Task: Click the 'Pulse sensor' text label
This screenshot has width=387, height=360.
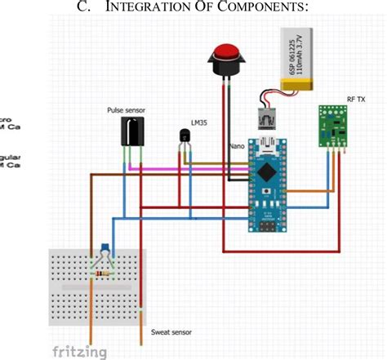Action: [x=127, y=109]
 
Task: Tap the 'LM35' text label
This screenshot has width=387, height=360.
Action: [x=199, y=123]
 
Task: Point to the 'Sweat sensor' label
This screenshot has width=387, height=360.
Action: [x=171, y=332]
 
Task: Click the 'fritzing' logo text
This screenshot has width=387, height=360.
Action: [x=80, y=352]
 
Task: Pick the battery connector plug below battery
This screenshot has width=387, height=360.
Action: [x=266, y=121]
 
